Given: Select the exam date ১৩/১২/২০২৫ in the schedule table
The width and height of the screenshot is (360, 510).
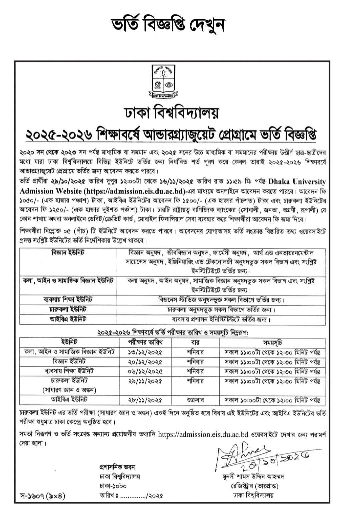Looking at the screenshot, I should [x=145, y=352].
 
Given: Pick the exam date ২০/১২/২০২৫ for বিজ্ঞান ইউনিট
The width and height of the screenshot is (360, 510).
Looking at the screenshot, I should [x=145, y=362].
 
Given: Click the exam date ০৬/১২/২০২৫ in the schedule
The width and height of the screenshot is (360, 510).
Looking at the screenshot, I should [x=145, y=371].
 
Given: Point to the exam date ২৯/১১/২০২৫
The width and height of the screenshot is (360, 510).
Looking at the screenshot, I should [x=145, y=381].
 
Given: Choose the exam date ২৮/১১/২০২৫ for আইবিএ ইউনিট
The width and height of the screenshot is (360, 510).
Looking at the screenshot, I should [x=145, y=400].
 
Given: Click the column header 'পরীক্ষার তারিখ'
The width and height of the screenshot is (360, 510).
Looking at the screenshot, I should [x=145, y=342].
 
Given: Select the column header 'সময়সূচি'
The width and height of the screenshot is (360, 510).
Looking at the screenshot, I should [x=273, y=342].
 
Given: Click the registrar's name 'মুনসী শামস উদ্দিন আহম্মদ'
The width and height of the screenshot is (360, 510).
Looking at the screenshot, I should [x=253, y=477].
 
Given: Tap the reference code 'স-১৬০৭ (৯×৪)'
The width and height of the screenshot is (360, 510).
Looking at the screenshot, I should [x=42, y=496].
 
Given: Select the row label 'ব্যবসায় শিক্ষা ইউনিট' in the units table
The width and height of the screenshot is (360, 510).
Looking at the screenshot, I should [x=68, y=299].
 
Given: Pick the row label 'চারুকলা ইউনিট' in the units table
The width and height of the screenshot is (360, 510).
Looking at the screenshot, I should [x=68, y=309].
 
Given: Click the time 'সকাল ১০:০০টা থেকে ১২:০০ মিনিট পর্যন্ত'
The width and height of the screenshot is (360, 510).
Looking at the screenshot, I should [x=273, y=400].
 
